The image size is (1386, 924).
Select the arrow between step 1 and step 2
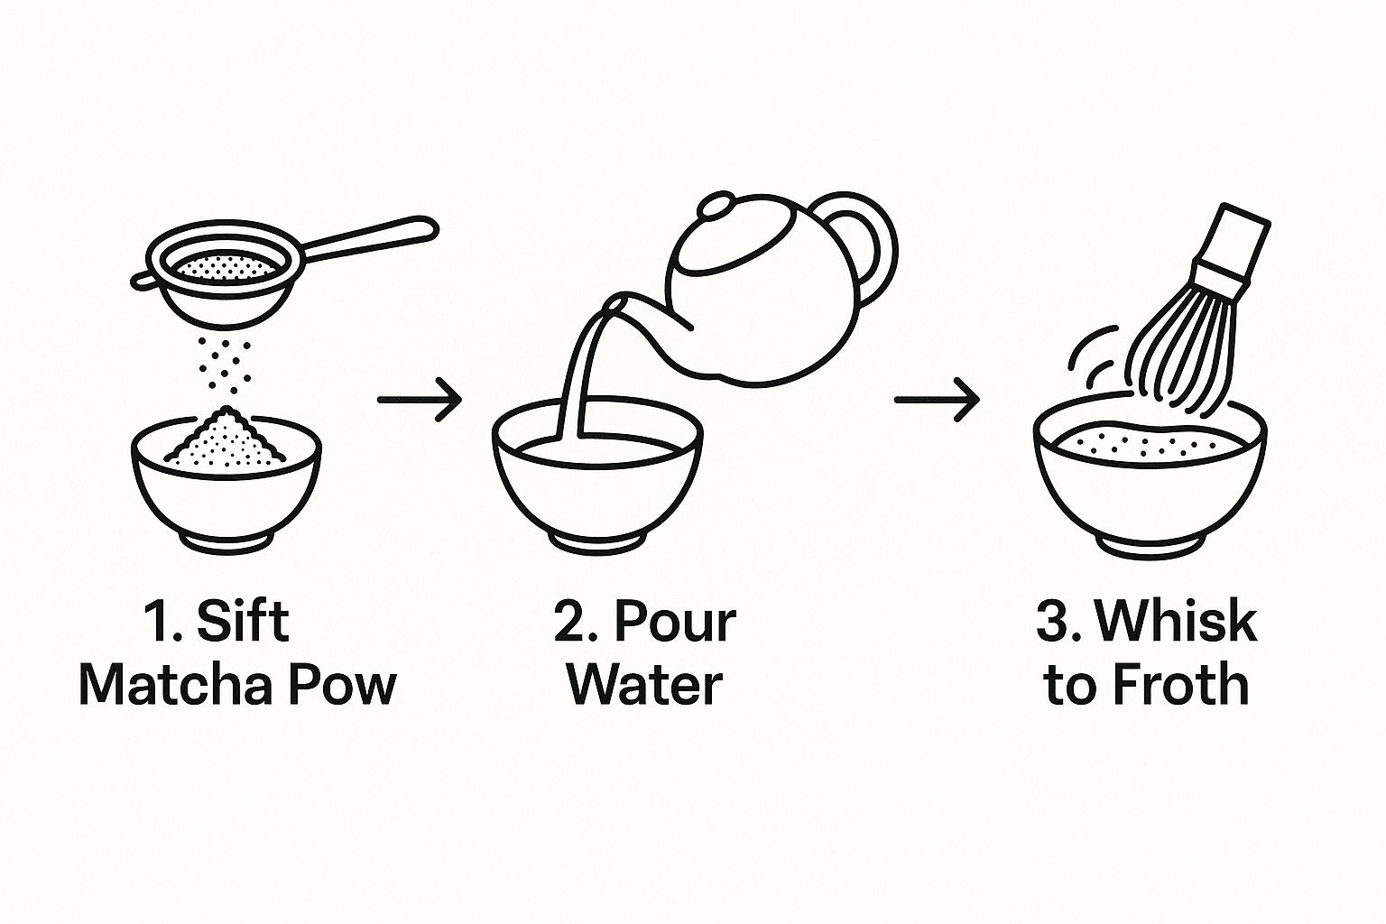(x=420, y=400)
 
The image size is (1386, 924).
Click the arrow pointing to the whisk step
(x=937, y=400)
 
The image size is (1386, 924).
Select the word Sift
(x=243, y=620)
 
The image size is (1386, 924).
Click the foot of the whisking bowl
(x=1150, y=547)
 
